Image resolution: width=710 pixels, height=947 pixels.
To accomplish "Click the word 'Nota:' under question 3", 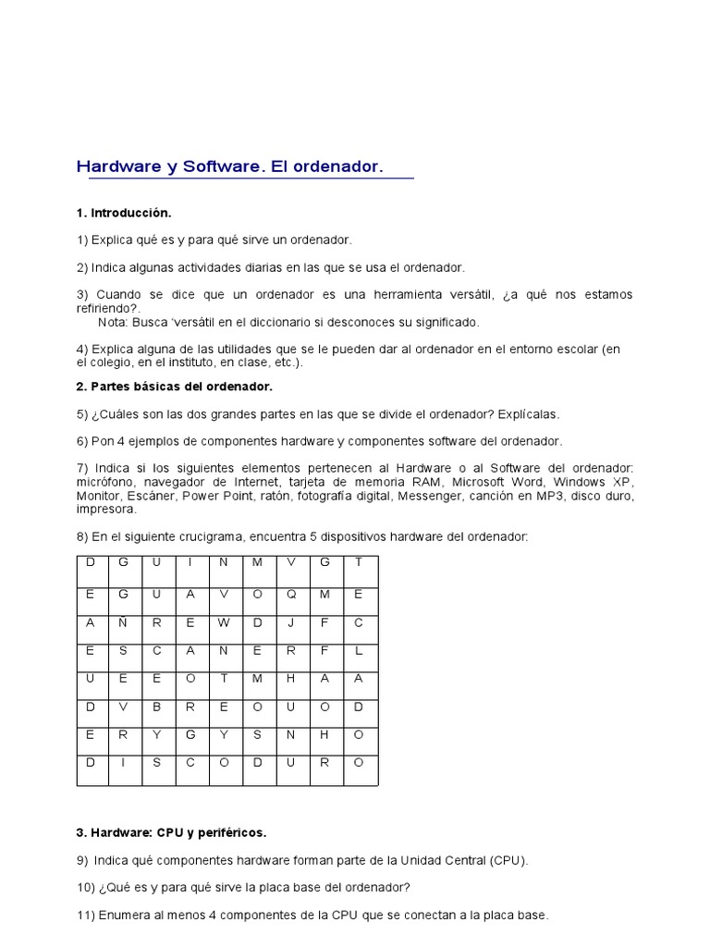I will point(114,323).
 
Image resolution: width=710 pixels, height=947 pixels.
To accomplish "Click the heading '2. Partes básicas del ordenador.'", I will point(175,386).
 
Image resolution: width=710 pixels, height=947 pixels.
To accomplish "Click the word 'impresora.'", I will point(106,510).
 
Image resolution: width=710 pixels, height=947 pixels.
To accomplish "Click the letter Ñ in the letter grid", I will point(123,622).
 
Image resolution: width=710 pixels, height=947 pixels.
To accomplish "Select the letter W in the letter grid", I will point(224,622).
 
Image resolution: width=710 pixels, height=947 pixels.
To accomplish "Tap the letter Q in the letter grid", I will point(291,595).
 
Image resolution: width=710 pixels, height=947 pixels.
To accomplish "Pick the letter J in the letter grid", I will point(291,622).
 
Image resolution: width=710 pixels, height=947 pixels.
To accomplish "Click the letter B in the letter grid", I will point(157,707).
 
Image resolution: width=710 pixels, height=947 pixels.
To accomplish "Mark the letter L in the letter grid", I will point(359,650).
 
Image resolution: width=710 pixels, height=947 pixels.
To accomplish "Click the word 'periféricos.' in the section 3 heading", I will point(235,832).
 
